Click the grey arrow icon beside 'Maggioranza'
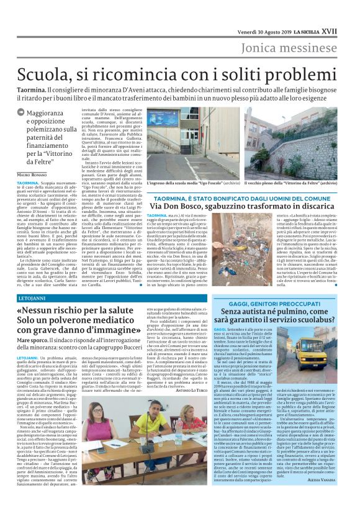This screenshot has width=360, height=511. pos(21,112)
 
